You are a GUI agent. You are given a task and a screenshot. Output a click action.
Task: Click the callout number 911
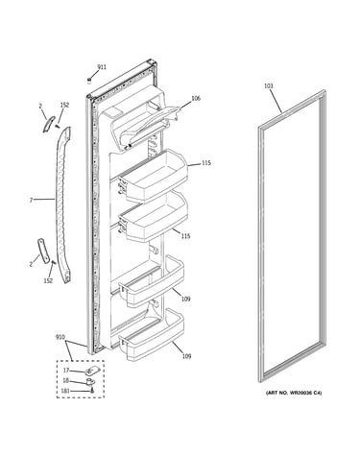(x=102, y=67)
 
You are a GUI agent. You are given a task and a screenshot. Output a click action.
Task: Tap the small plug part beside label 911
(x=89, y=80)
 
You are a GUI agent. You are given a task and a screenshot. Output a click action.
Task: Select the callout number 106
(x=196, y=98)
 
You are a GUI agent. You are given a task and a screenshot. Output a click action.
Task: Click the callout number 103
(x=269, y=85)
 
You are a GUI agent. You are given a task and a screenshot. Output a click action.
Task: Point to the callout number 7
(x=31, y=201)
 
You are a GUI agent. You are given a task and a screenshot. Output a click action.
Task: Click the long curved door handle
(x=63, y=204)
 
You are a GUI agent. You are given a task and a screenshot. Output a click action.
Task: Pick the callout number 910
(x=60, y=337)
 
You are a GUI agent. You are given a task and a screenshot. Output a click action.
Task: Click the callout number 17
(x=66, y=371)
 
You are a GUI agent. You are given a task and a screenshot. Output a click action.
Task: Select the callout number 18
(x=65, y=381)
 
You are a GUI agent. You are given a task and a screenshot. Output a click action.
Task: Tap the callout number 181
(x=65, y=391)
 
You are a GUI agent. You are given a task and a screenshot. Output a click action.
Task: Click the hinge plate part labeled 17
(x=91, y=372)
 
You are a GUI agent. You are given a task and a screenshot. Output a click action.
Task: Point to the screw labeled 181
(x=92, y=391)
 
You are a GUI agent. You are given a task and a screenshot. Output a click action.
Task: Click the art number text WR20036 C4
(x=303, y=393)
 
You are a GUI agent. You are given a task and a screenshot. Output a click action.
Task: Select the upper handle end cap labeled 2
(x=49, y=124)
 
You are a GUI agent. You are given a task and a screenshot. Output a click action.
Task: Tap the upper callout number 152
(x=64, y=105)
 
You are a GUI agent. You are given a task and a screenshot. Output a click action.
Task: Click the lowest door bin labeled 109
(x=152, y=335)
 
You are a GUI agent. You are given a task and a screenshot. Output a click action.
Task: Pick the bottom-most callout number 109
(x=186, y=356)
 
